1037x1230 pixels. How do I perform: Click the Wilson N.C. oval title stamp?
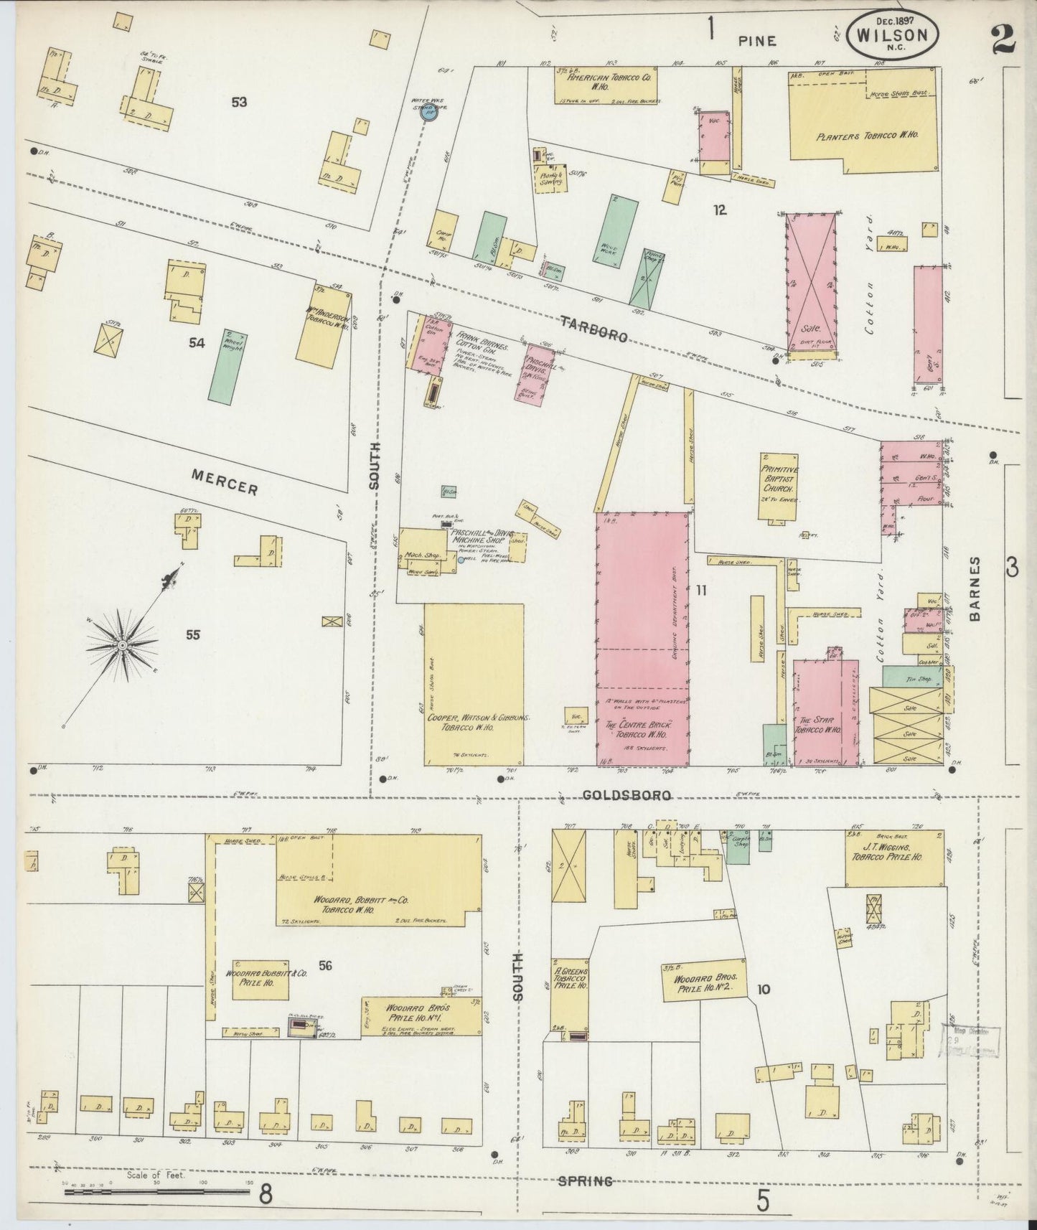click(x=893, y=32)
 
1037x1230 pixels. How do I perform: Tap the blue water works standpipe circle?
click(x=431, y=112)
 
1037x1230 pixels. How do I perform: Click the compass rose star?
click(x=123, y=645)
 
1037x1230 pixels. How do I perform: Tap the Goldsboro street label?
click(x=626, y=795)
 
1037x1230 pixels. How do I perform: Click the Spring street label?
click(x=586, y=1180)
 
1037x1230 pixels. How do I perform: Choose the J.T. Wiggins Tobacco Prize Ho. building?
click(x=894, y=858)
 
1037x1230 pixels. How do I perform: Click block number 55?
click(x=192, y=635)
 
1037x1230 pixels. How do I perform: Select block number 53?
click(x=239, y=103)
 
